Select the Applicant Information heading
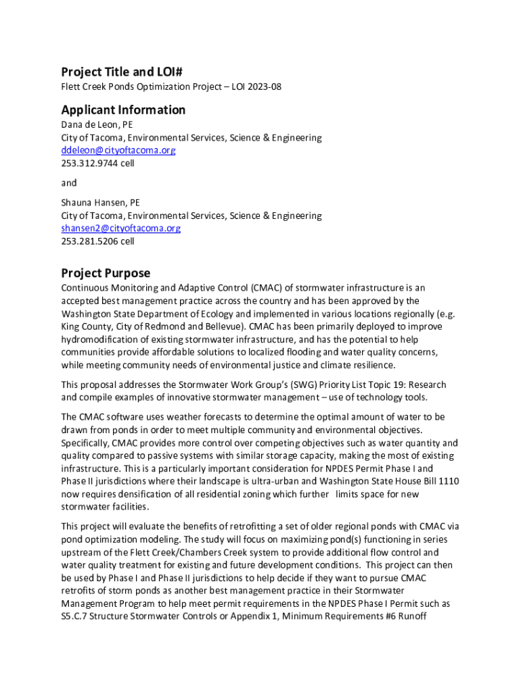tap(123, 109)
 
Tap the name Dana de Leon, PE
tap(97, 125)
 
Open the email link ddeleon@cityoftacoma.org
tap(118, 150)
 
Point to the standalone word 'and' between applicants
tap(69, 182)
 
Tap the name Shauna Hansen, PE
tap(101, 202)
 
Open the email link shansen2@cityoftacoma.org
tap(121, 228)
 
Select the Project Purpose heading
tap(106, 273)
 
